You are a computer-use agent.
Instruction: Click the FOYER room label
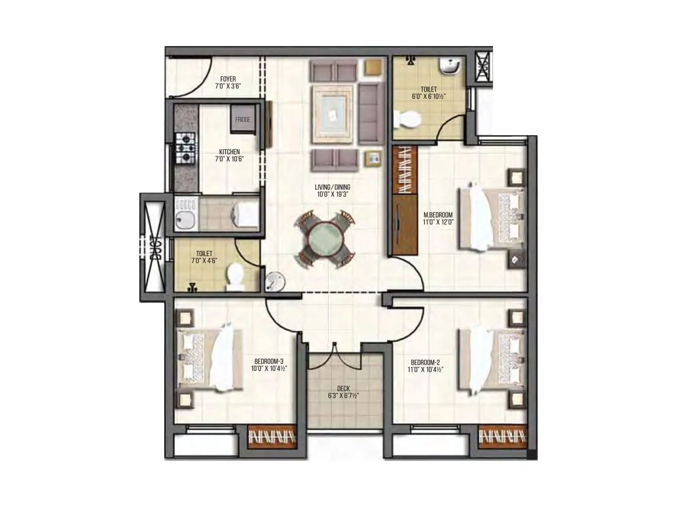point(228,79)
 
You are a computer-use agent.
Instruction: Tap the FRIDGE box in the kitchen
point(242,120)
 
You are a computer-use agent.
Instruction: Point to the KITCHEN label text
point(229,152)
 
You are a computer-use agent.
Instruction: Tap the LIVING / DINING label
point(333,187)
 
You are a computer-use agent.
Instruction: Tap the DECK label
point(343,388)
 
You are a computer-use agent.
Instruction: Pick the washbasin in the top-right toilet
point(449,66)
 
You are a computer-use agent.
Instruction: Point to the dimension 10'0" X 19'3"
point(333,194)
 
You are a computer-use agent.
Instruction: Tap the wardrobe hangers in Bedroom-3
point(271,437)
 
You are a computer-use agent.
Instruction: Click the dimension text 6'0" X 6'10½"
point(429,96)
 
